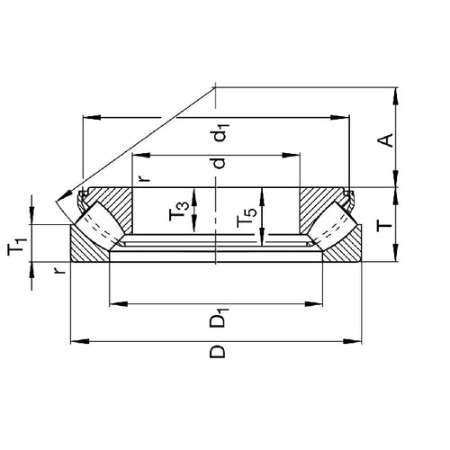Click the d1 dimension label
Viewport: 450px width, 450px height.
[217, 135]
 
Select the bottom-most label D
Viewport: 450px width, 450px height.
[217, 350]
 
